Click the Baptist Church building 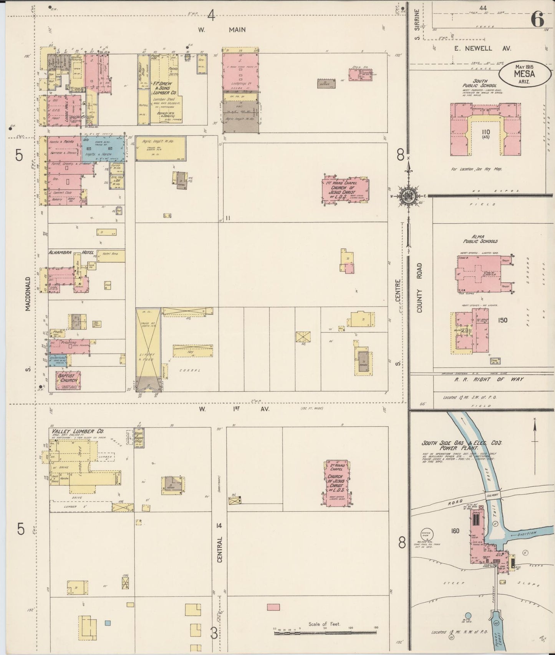click(68, 380)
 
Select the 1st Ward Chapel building click(345, 190)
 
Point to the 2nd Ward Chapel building click(336, 482)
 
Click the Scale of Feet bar click(326, 632)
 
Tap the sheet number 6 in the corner click(537, 18)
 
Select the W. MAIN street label click(222, 30)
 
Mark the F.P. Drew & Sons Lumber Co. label click(165, 88)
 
